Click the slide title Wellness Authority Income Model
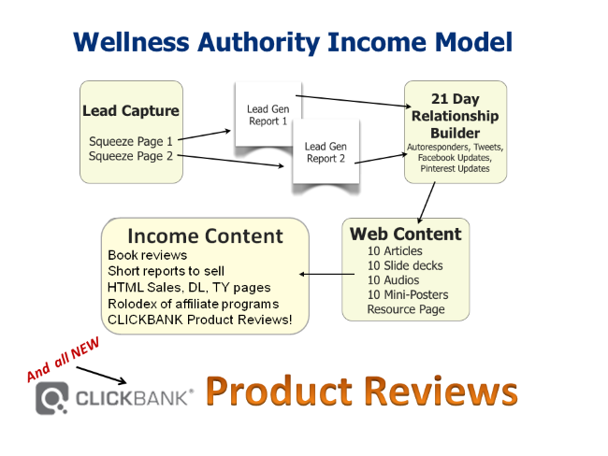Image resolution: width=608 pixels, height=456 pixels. pos(293,42)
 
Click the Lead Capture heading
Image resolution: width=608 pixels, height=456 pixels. pos(131,111)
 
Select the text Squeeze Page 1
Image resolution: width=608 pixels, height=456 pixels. pos(130,141)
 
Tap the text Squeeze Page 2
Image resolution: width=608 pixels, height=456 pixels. pos(130,156)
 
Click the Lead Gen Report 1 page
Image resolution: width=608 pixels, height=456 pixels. pos(268,115)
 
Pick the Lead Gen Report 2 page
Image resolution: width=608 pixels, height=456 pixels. pos(326,152)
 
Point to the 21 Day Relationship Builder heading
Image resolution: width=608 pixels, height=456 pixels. pos(456,116)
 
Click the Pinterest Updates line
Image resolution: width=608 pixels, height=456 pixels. pos(456,170)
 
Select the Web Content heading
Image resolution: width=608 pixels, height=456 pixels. pos(405,234)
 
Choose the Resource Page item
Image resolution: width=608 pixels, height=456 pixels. pos(405,309)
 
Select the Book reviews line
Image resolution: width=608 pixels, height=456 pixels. pos(147,254)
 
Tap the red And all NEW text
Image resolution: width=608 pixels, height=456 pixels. pos(64,359)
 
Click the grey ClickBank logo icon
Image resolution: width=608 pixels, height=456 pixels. pos(52,398)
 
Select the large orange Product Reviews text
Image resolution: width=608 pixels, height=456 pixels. pos(361,391)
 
